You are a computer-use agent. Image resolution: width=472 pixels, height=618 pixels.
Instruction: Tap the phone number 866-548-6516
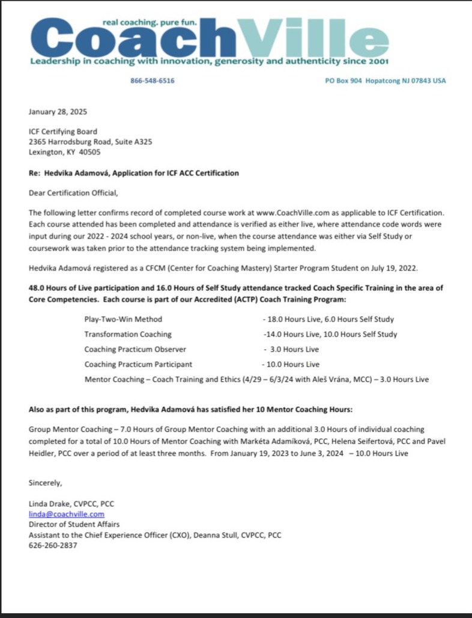click(x=153, y=81)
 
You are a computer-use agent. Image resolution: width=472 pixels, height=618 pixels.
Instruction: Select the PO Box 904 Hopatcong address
click(x=385, y=81)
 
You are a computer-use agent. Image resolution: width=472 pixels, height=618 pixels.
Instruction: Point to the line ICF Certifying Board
click(x=63, y=131)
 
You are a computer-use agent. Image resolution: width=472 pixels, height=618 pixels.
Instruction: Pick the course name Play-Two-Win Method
click(x=123, y=319)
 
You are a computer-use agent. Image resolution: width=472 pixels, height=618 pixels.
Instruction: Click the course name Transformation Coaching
click(x=128, y=334)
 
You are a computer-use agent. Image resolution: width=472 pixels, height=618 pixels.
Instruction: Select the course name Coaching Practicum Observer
click(x=135, y=349)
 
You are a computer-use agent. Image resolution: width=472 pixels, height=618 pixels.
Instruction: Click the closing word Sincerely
click(x=45, y=482)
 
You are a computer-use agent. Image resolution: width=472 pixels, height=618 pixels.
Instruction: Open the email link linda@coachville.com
click(x=67, y=514)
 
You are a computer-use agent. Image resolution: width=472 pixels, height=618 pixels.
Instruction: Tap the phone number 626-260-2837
click(x=53, y=545)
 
